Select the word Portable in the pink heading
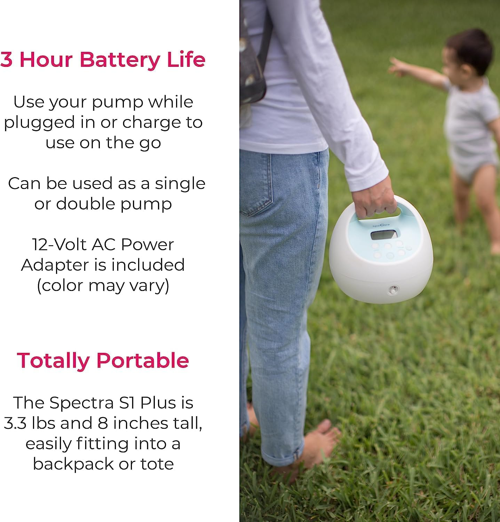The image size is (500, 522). click(x=142, y=360)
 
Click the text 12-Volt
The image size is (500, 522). click(x=59, y=245)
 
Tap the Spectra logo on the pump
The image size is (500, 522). click(x=381, y=225)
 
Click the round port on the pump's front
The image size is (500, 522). click(x=393, y=289)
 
